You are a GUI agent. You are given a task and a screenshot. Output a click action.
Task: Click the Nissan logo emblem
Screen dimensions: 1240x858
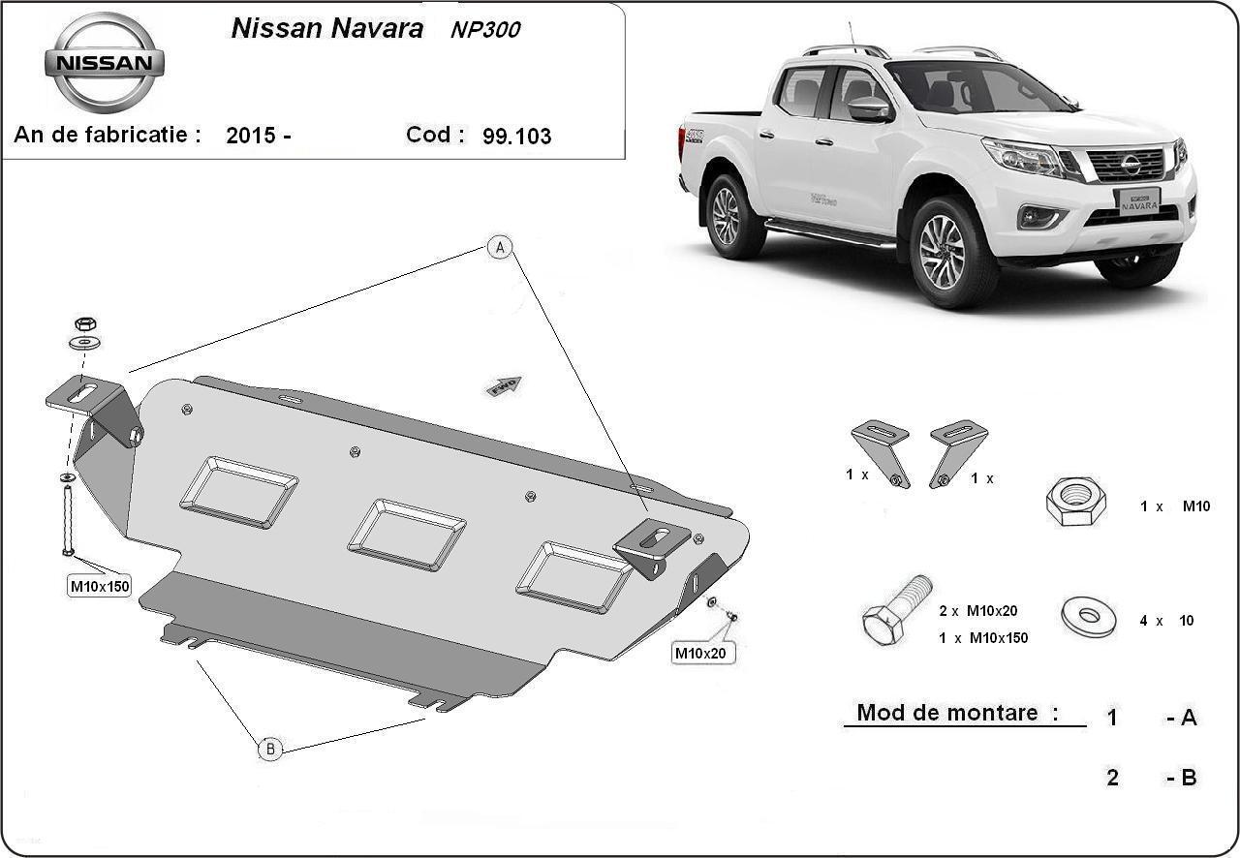(x=104, y=62)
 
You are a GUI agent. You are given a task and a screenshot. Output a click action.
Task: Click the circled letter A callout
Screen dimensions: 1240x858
(x=500, y=248)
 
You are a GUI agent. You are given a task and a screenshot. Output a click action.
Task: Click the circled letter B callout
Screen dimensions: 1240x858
(x=270, y=749)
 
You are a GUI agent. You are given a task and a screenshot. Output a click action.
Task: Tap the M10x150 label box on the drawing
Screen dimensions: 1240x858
(x=100, y=586)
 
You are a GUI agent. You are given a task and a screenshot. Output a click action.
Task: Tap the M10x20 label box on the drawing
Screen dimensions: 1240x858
(x=700, y=654)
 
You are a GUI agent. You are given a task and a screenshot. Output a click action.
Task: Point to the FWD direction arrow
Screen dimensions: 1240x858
(x=504, y=385)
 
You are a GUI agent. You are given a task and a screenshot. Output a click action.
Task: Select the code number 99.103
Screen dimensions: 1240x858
(x=516, y=137)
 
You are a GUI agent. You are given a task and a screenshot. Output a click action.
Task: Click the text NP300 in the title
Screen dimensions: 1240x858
(x=485, y=30)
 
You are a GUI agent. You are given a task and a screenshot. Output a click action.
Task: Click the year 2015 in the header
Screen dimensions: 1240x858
(x=251, y=135)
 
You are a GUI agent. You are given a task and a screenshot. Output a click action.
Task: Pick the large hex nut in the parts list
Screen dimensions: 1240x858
(x=1075, y=502)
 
